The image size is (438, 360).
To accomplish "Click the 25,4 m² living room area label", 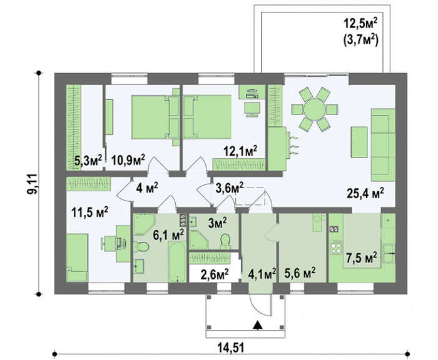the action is [x=365, y=193].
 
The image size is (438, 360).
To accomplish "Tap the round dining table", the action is [x=315, y=109].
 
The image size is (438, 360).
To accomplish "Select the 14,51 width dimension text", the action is [x=231, y=348].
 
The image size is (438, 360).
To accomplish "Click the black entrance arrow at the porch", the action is [x=257, y=326].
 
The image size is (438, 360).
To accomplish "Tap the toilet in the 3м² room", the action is [x=225, y=241].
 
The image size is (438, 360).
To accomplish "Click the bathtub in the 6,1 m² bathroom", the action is [x=177, y=262].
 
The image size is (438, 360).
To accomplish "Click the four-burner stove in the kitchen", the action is [x=335, y=247].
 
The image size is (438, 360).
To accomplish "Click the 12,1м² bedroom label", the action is [x=240, y=151].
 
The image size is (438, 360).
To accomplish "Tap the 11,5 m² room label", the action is [x=89, y=212].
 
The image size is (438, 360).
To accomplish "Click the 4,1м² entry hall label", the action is [x=262, y=274].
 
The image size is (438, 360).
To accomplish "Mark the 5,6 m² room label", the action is [x=300, y=272].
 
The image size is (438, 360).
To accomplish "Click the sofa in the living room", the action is [x=383, y=145].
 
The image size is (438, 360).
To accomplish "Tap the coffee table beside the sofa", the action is [x=359, y=142].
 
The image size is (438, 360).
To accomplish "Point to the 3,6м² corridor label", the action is [x=230, y=187].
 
